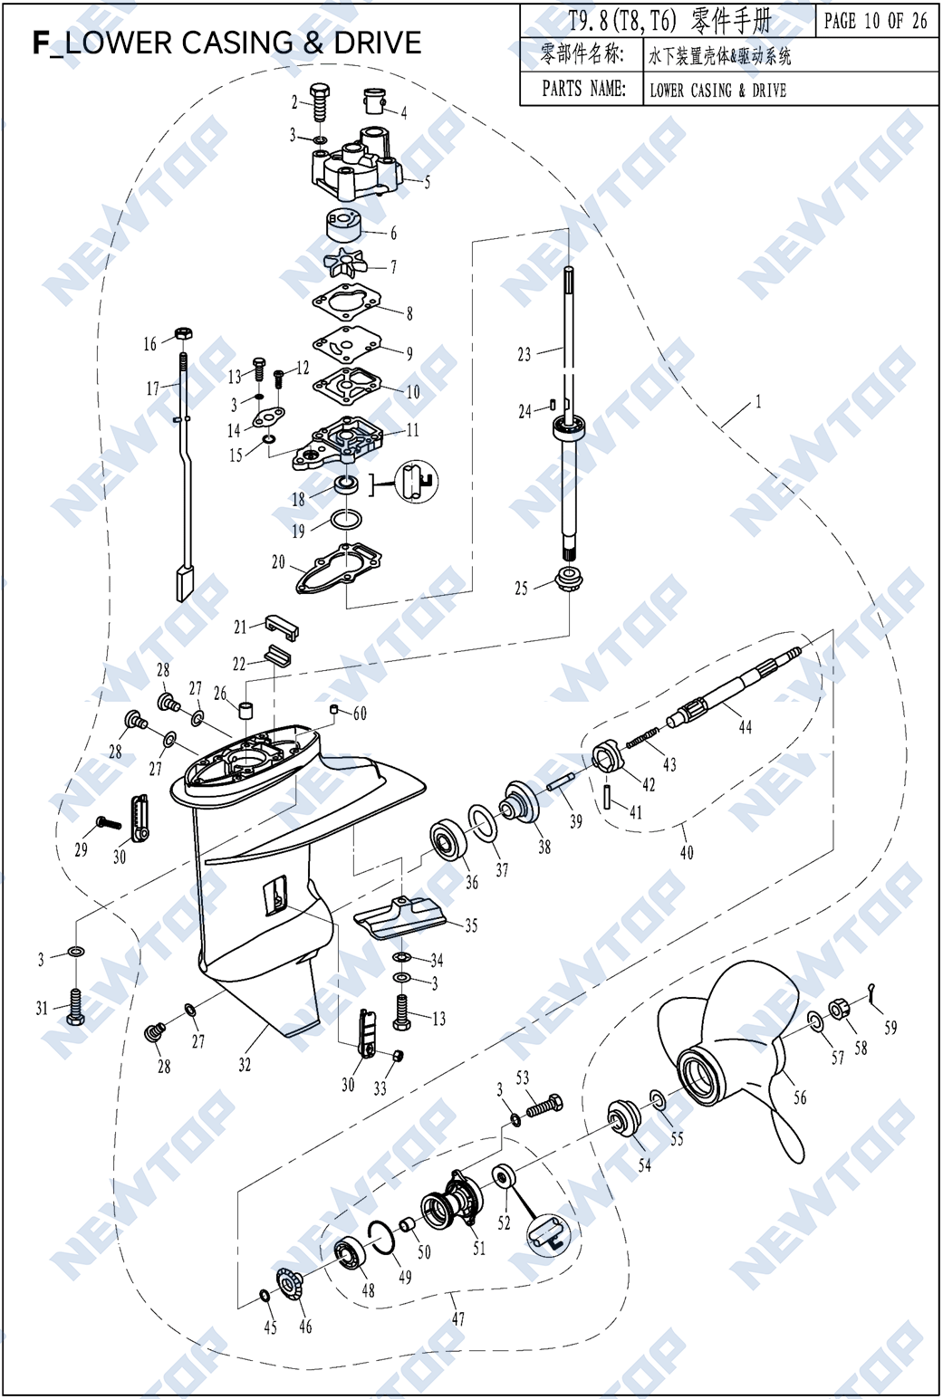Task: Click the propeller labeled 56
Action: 734,1050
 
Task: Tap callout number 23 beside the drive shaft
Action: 524,355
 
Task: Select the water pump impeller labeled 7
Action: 346,264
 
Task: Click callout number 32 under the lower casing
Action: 245,1065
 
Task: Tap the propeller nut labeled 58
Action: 838,1009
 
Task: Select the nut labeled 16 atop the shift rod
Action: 182,333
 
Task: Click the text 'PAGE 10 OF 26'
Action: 875,21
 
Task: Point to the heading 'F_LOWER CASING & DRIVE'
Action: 226,43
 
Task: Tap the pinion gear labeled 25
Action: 568,577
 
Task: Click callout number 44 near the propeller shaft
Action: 746,727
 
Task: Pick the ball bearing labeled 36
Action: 447,840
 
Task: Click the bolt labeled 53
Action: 544,1106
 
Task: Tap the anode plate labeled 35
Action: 399,917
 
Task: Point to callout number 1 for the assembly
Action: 758,402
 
